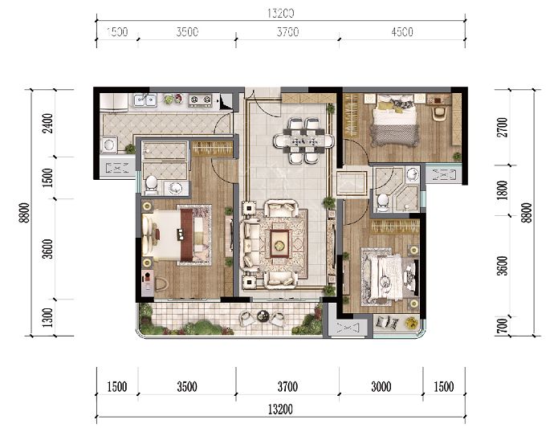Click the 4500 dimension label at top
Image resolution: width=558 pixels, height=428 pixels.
coord(402,32)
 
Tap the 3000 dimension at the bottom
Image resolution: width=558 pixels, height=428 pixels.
coord(381,386)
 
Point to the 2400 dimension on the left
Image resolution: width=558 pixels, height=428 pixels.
coord(47,123)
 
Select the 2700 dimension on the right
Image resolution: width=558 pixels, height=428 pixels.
coord(503,128)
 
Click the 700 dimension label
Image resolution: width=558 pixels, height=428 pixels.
coord(503,326)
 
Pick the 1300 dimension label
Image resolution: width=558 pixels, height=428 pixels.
coord(47,318)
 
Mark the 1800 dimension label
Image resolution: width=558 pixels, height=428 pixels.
coord(503,190)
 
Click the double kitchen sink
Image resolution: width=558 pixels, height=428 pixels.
coord(145,100)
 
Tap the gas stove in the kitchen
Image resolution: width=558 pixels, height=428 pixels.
coord(200,100)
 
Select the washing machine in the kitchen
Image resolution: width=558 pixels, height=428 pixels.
coord(108,145)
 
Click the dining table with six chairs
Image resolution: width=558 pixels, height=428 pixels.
coord(303,141)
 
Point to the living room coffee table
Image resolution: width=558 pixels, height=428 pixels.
coord(279,243)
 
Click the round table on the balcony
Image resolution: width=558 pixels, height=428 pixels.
coord(263,316)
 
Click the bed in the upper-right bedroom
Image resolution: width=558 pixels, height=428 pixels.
coord(394,120)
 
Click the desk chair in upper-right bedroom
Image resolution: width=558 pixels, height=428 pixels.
coord(439,113)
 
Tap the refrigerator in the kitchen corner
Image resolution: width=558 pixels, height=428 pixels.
coord(113,102)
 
